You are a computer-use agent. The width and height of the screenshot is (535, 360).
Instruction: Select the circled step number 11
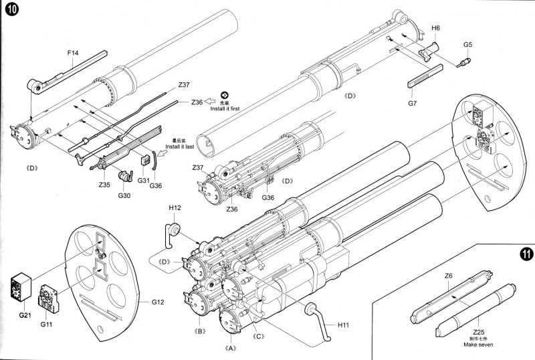(524, 256)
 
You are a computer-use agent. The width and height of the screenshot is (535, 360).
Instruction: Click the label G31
(142, 180)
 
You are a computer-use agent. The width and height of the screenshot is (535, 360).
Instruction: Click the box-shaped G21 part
(25, 289)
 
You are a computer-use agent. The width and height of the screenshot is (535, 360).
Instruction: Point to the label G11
(46, 325)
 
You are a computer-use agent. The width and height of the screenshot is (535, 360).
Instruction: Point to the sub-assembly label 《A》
(231, 348)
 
